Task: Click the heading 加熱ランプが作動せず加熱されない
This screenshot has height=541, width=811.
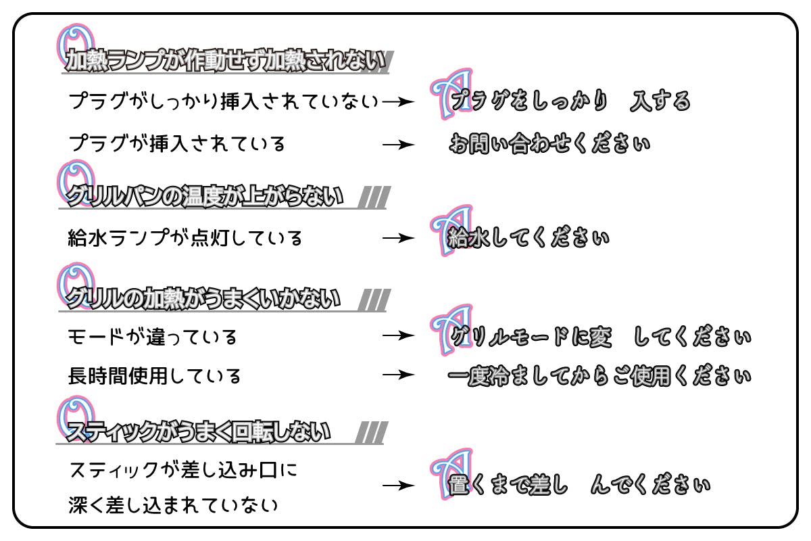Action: tap(227, 62)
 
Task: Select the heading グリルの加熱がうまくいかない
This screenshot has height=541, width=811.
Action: tap(203, 299)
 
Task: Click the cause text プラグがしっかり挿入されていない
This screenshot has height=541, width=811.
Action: tap(223, 102)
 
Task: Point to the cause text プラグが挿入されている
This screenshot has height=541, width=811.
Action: tap(177, 144)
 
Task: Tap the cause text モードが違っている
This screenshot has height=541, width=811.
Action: tap(153, 336)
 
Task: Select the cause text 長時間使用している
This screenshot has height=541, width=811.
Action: tap(155, 375)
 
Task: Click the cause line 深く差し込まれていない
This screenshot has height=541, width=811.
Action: tap(173, 505)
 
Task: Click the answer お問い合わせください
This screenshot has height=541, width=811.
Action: tap(549, 144)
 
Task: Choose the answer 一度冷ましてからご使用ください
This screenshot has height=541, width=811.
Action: tap(599, 375)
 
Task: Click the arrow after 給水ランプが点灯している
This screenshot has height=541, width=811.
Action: tap(397, 238)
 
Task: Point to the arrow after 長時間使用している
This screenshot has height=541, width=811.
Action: tap(397, 375)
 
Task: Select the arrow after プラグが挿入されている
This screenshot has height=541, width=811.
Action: tap(397, 144)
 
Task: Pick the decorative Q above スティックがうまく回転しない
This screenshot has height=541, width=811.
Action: tap(70, 414)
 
